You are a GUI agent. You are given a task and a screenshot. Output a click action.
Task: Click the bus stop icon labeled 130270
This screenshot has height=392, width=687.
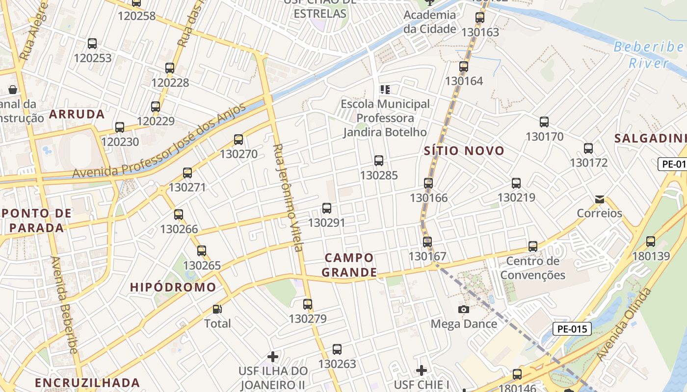[x=238, y=140]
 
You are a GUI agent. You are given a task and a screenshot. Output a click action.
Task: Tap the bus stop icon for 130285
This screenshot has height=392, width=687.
[x=379, y=161]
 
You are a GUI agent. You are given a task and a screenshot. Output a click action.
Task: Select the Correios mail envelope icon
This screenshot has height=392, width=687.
[x=599, y=199]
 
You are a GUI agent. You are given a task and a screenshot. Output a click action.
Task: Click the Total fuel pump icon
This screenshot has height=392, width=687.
[x=217, y=309]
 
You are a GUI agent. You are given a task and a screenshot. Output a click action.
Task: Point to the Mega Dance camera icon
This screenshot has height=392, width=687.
[x=464, y=309]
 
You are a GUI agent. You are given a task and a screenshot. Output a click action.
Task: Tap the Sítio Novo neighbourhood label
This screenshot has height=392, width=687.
[x=464, y=151]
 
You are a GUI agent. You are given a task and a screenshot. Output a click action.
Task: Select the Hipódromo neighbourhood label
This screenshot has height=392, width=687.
[x=173, y=287]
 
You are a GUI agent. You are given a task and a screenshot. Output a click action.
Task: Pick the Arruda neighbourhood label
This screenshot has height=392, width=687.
[x=77, y=115]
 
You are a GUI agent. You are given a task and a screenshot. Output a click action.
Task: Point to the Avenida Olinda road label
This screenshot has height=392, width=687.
[x=625, y=325]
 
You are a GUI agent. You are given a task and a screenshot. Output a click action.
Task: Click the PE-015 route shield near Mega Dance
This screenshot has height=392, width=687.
[x=572, y=329]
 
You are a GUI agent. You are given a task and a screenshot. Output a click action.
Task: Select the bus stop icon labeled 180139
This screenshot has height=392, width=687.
[x=651, y=242]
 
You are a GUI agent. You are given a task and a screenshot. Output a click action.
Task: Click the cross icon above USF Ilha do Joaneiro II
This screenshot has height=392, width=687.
[x=273, y=357]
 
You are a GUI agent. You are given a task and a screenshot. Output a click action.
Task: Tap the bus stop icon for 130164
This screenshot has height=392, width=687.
[x=464, y=67]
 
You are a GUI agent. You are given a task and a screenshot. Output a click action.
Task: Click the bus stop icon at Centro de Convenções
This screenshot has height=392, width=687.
[x=533, y=246]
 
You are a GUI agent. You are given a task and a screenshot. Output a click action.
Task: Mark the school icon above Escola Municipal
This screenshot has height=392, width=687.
[x=385, y=90]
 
